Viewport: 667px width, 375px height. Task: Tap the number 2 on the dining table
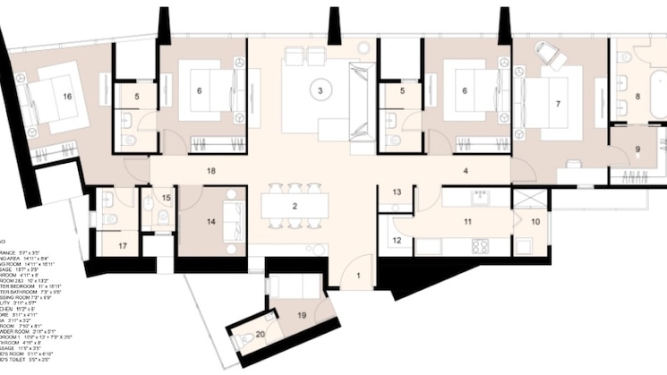(x=294, y=207)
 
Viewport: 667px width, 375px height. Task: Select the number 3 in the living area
(x=319, y=90)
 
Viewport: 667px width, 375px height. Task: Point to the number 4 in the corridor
(x=467, y=169)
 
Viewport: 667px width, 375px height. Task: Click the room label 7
(x=558, y=104)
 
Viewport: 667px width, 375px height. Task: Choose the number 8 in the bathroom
(x=638, y=96)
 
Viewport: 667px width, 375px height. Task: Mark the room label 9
(x=638, y=149)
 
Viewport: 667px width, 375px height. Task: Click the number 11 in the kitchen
(x=466, y=219)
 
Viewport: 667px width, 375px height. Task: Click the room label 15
(x=167, y=198)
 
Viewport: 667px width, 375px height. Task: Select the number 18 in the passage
(x=211, y=169)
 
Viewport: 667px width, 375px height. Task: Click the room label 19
(x=303, y=315)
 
